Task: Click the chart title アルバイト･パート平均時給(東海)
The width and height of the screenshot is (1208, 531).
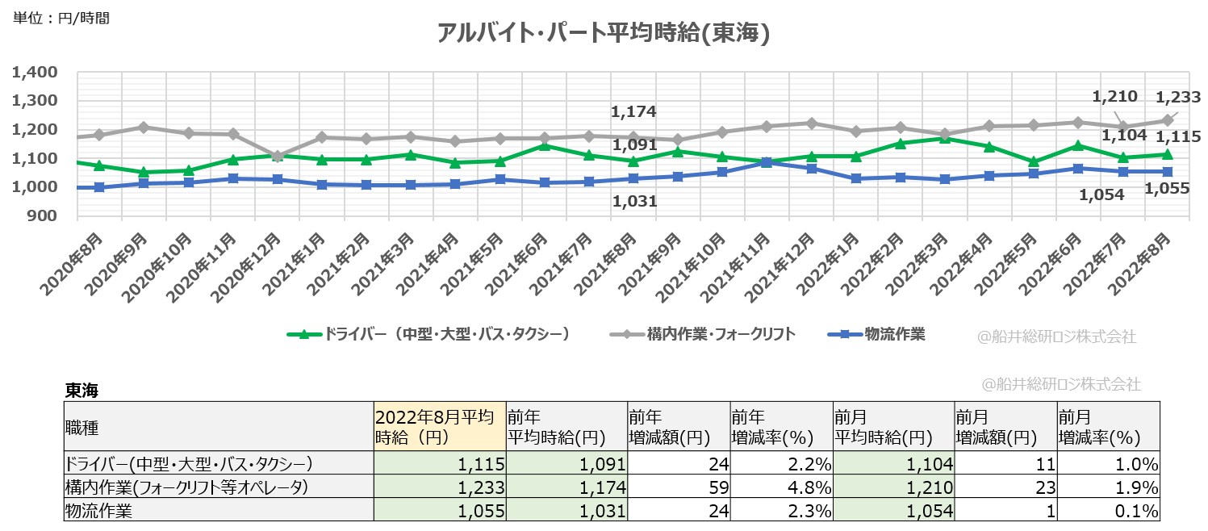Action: (603, 33)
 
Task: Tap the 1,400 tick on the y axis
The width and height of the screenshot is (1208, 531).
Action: (35, 72)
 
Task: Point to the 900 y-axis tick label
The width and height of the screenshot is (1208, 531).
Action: (40, 215)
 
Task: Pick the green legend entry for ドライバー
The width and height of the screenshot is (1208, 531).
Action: (428, 334)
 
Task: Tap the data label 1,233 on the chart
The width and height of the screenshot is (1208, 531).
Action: (1178, 98)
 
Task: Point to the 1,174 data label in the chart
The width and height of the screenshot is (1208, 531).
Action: (633, 111)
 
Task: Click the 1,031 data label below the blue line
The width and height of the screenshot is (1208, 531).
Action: (633, 202)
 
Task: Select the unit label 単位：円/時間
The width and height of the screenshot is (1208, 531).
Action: (61, 18)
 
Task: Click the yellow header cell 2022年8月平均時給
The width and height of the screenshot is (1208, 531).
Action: (439, 426)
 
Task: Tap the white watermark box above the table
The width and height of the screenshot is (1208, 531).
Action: (1062, 384)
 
